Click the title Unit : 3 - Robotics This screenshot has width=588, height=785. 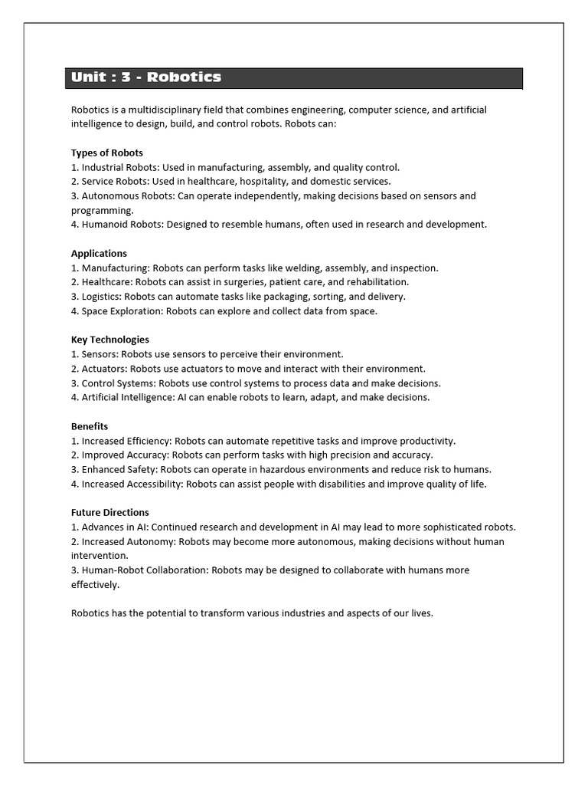tap(146, 77)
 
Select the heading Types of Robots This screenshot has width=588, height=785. tap(107, 153)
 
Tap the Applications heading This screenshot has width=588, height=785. tap(99, 253)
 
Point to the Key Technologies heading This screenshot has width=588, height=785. tap(110, 340)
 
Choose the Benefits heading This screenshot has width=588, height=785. tap(90, 426)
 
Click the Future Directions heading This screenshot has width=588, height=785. tap(110, 512)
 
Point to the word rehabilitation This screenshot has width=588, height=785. tap(376, 282)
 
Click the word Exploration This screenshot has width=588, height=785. tap(132, 311)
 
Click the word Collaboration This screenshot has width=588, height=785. tap(176, 570)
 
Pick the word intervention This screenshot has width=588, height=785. tap(100, 556)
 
